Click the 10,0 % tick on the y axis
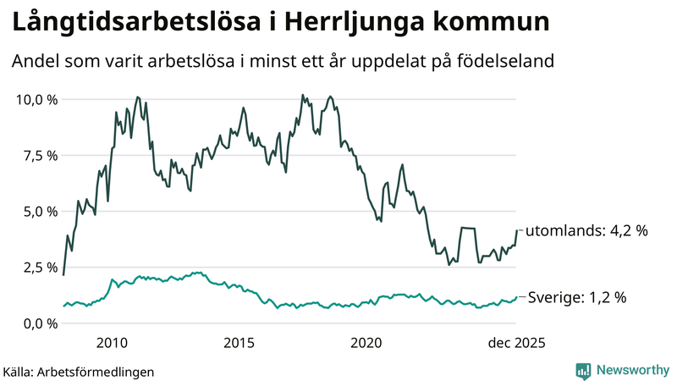point(36,100)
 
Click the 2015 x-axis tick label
point(239,343)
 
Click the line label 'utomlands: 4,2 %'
point(586,230)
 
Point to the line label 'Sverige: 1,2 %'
point(577,297)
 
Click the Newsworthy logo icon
point(583,370)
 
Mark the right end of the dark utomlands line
point(516,230)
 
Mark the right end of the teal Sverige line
point(516,297)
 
